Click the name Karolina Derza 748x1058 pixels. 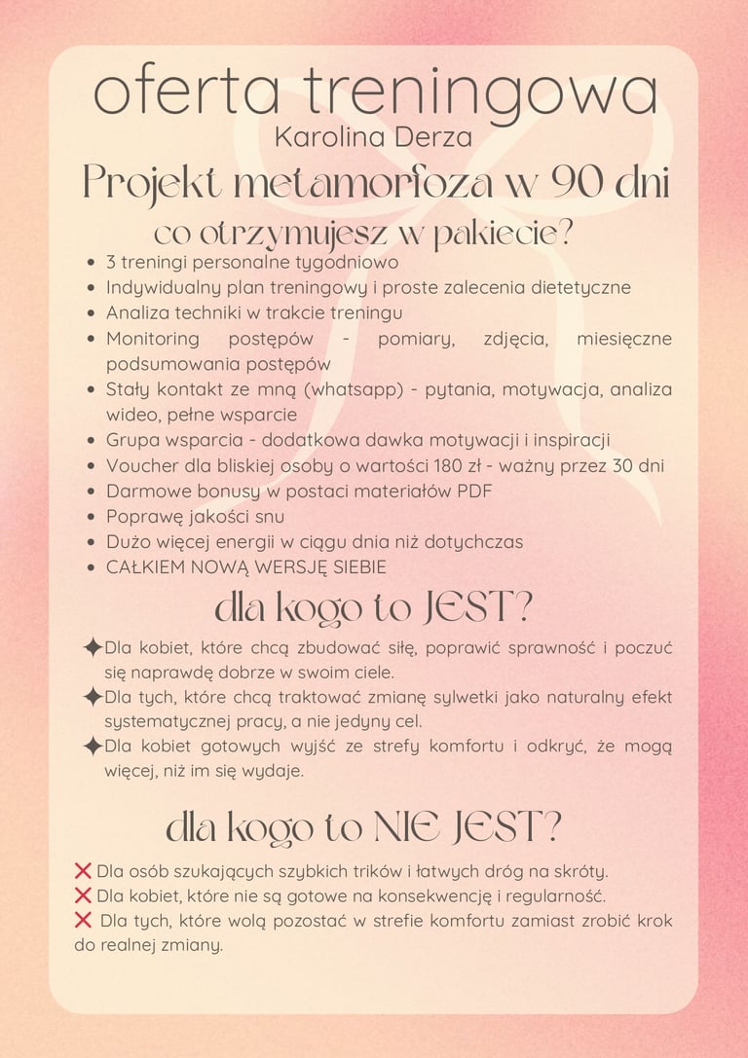click(x=373, y=137)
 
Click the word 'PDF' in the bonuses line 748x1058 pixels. click(x=472, y=491)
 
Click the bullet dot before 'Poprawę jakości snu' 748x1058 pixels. click(x=91, y=517)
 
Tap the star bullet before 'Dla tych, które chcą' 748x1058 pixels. click(x=93, y=698)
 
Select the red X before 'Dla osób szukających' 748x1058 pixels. click(x=83, y=870)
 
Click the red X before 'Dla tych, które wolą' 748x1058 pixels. click(x=83, y=920)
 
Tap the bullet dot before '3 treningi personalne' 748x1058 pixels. click(x=91, y=263)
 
